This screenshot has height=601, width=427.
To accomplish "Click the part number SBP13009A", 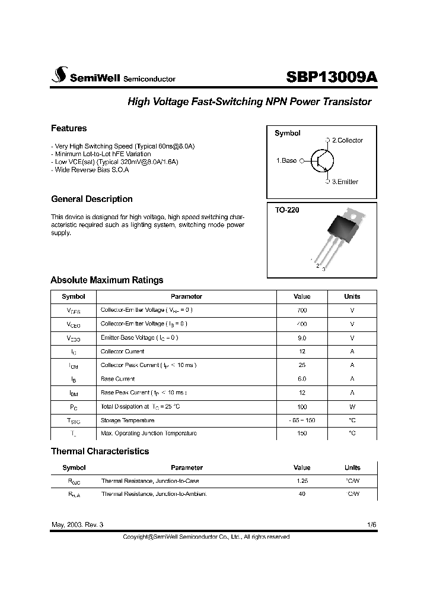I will pos(332,77).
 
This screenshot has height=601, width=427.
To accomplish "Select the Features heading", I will pos(69,128).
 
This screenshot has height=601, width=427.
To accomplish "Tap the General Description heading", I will pos(92,199).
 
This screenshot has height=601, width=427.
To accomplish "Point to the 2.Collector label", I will pos(347,140).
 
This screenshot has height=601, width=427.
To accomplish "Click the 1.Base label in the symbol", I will pos(286,160).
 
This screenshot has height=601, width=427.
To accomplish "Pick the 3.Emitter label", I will pos(345,182).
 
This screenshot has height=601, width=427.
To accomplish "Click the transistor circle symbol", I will pos(322,161).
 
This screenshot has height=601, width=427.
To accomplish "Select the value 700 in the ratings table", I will pos(302,310).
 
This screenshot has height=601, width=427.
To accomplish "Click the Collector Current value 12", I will pos(302,352).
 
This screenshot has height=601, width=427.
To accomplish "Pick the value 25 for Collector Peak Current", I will pos(302,365).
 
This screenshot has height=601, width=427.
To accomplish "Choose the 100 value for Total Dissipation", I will pos(302,406).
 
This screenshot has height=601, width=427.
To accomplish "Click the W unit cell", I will pos(352,406).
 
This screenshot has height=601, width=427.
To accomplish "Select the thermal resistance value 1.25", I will pos(302,480).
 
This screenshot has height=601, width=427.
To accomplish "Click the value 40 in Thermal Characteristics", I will pos(302,494).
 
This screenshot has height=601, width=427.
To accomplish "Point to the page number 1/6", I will pos(371,525).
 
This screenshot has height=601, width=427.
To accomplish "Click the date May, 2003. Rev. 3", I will pos(77,525).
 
